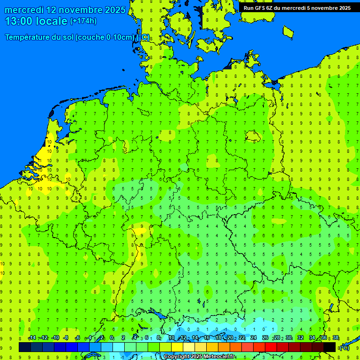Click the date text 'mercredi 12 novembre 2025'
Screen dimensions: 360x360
(65, 10)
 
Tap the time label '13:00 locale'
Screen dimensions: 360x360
(37, 21)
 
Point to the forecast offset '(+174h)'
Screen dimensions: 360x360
(83, 21)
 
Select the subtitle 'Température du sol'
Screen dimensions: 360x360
(39, 37)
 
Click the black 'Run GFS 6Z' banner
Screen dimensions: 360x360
(297, 8)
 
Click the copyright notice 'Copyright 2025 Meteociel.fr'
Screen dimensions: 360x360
(199, 357)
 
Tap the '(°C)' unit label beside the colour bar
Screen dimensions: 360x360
(344, 347)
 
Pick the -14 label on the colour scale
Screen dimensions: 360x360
(32, 338)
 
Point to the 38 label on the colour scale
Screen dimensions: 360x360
(336, 338)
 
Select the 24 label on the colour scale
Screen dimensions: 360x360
(254, 338)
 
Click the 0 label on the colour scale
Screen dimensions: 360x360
(112, 338)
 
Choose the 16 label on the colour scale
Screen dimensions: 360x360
(207, 338)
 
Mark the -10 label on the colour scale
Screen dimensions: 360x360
(55, 338)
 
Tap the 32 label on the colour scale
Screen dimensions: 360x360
(300, 338)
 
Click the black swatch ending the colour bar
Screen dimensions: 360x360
(330, 347)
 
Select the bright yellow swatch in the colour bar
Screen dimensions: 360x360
(177, 347)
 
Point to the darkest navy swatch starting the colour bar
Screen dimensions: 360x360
(25, 347)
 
